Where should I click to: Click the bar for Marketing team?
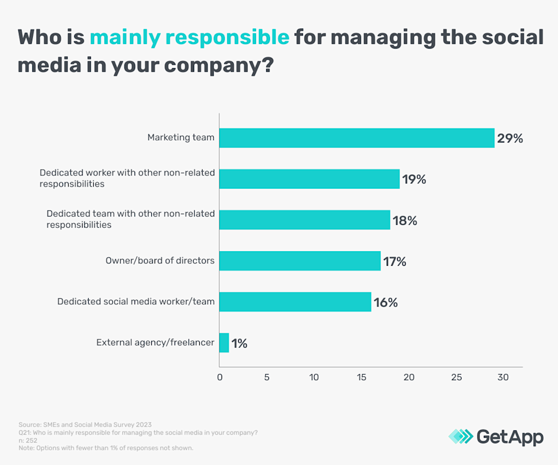[x=357, y=137]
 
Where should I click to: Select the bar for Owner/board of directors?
[x=300, y=261]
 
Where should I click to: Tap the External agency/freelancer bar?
[x=224, y=343]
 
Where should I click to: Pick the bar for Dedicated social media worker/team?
[x=295, y=302]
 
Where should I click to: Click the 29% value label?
[x=510, y=138]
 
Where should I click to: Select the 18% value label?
[x=404, y=220]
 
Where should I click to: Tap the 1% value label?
[x=239, y=343]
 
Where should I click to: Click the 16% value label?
[x=385, y=303]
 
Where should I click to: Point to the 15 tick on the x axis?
[x=362, y=377]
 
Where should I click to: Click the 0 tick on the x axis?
[x=219, y=377]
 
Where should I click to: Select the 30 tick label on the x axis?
[x=503, y=377]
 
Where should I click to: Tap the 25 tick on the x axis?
[x=456, y=377]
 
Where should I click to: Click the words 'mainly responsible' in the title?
[x=189, y=38]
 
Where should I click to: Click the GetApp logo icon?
[x=460, y=437]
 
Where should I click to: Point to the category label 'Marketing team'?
[x=181, y=137]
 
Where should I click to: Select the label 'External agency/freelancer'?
[x=155, y=343]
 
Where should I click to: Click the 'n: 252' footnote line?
[x=28, y=440]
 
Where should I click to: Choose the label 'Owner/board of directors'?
[x=160, y=261]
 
